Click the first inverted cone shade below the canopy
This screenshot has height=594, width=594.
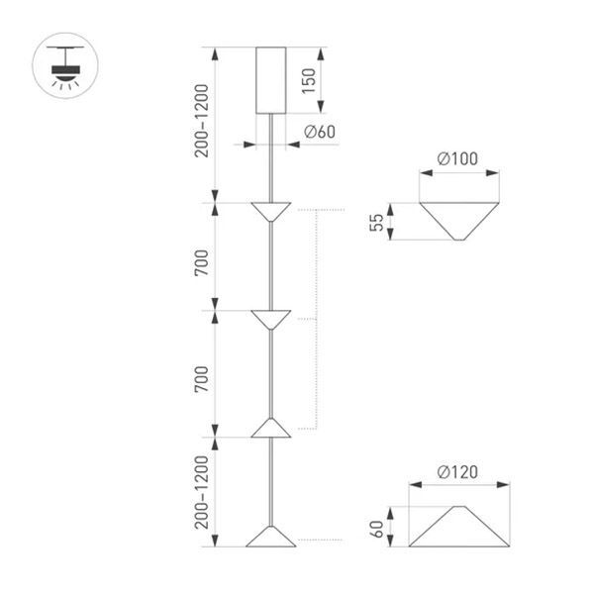click(270, 211)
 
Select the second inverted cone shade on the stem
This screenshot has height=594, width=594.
click(270, 319)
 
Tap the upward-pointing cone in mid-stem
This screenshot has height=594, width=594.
click(270, 427)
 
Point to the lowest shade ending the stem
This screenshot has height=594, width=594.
click(270, 537)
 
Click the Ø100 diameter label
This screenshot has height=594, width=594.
click(456, 159)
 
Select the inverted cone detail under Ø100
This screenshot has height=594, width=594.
click(458, 219)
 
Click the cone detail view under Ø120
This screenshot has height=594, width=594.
click(460, 525)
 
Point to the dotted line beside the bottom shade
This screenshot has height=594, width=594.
click(321, 540)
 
